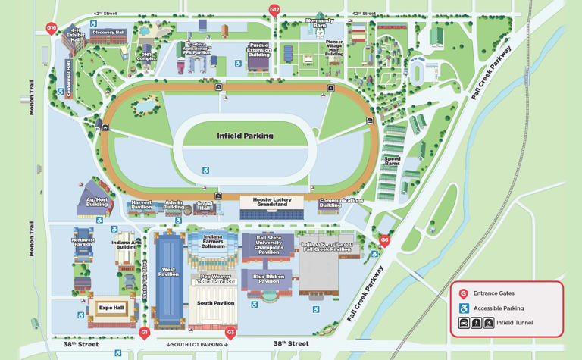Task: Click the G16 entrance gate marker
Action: [52, 28]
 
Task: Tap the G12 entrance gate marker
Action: [274, 10]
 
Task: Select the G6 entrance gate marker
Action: [384, 240]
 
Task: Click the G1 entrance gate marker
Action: [145, 332]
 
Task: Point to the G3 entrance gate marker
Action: [231, 332]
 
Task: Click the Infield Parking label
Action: [245, 136]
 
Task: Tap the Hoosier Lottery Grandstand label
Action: [271, 202]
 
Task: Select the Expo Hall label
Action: [111, 308]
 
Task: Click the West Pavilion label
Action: [168, 272]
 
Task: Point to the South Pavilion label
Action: [215, 302]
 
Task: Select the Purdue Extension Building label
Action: [259, 50]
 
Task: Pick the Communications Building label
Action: [341, 202]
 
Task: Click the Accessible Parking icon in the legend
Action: [464, 308]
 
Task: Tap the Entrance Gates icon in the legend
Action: [464, 293]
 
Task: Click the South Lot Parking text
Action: [197, 345]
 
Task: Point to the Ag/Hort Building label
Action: [97, 202]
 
